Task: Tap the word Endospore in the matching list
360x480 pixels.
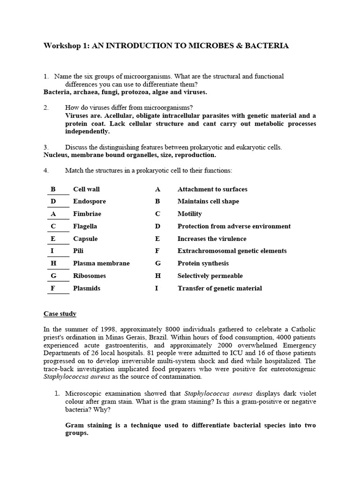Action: pos(90,202)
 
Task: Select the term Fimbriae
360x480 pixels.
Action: pos(87,214)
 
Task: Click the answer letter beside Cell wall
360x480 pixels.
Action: pos(53,189)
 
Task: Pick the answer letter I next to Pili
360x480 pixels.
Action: pos(52,251)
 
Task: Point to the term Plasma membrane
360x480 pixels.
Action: pos(101,263)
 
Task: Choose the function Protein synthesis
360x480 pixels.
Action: pos(203,263)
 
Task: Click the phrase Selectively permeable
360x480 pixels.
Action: pos(210,276)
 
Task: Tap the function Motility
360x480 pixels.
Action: pos(190,214)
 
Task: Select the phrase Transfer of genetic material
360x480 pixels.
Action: pos(219,288)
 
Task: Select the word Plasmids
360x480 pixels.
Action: pos(87,288)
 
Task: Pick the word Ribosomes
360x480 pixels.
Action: pos(90,276)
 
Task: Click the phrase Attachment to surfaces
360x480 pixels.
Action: pos(212,189)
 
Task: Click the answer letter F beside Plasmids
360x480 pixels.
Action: pos(53,288)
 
